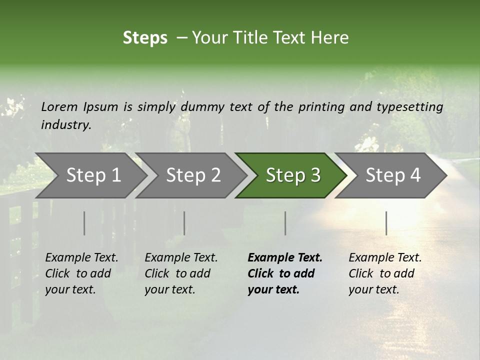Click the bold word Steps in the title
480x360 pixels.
coord(145,38)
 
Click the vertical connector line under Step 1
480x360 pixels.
coord(84,223)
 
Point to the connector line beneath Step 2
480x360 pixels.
coord(184,223)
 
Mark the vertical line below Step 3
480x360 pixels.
coord(285,223)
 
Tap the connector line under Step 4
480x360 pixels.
coord(386,223)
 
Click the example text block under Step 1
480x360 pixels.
coord(81,273)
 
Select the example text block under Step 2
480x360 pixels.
coord(181,273)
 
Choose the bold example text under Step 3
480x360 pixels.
coord(285,273)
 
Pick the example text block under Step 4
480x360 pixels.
coord(385,273)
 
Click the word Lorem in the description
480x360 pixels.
coord(59,106)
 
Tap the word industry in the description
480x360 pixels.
coord(66,124)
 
